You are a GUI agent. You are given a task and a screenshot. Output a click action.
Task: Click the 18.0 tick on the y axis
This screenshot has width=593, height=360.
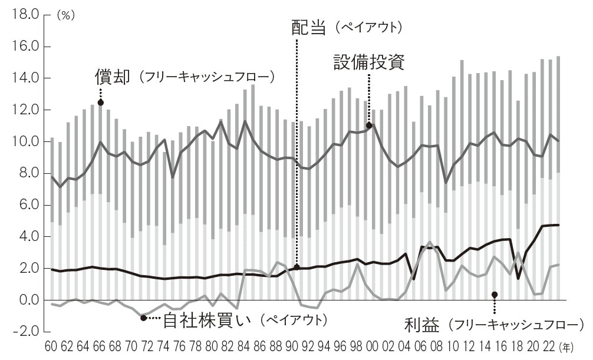(25, 14)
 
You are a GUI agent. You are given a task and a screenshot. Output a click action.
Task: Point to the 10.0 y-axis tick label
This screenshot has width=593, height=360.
(25, 142)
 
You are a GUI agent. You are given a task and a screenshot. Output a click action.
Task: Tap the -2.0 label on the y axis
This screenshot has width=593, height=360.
(25, 332)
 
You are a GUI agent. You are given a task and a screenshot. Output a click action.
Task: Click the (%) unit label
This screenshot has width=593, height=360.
(65, 16)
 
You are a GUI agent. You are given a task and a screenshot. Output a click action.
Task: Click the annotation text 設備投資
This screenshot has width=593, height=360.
(368, 62)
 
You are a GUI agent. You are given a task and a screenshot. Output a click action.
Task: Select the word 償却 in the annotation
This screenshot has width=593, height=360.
(111, 77)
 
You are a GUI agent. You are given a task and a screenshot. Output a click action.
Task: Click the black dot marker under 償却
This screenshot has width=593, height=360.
(100, 103)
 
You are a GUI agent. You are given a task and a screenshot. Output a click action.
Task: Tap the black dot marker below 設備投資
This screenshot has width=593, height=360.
(369, 125)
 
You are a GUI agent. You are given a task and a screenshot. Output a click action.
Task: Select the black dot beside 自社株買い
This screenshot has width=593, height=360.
(143, 318)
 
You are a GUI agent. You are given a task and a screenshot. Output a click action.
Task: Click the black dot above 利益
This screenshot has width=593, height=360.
(495, 295)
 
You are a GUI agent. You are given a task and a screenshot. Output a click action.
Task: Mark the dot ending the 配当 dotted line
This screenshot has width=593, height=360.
(296, 267)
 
